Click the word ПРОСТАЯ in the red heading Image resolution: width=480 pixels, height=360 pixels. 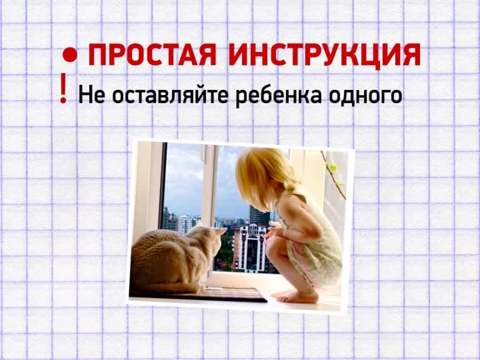click(x=152, y=55)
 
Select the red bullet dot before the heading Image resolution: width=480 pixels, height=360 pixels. click(x=70, y=55)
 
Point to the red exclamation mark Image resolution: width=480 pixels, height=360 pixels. click(x=63, y=88)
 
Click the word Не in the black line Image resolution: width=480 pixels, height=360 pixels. click(x=92, y=94)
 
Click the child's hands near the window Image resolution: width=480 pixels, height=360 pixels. click(x=273, y=229)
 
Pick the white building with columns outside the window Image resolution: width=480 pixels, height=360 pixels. click(x=249, y=248)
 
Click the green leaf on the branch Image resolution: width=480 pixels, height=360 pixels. click(x=333, y=168)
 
